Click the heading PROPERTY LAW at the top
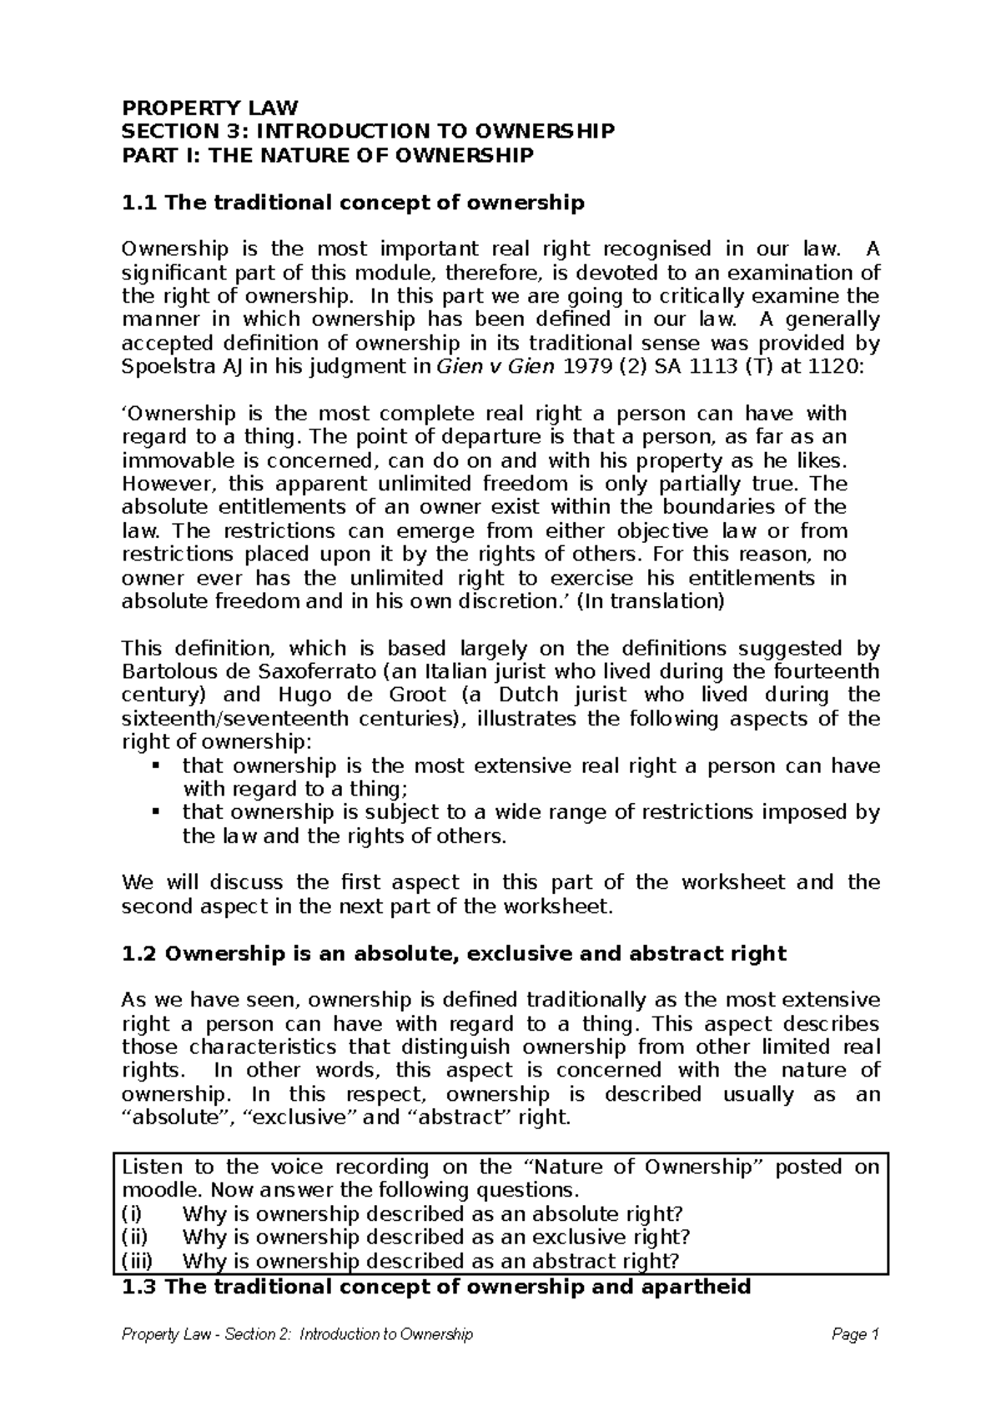209,108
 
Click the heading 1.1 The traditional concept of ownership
353,203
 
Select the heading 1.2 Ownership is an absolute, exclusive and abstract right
454,954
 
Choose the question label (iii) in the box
138,1260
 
